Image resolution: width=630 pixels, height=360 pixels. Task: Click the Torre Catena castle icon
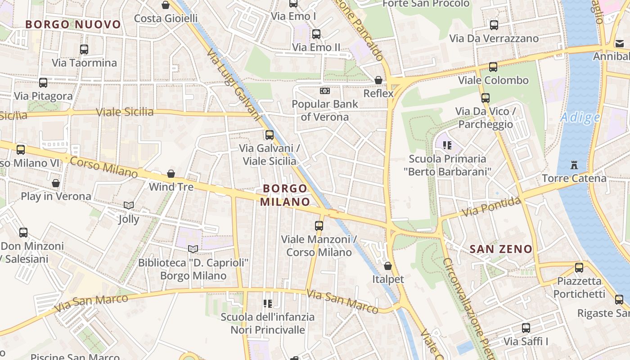(574, 165)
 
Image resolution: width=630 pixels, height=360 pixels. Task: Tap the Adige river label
(580, 118)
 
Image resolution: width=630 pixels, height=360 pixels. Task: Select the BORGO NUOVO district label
(73, 24)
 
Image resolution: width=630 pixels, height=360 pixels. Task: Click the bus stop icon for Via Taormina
(84, 49)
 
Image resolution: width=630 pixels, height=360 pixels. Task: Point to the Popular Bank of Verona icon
(325, 91)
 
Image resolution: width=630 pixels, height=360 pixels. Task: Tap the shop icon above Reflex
(378, 80)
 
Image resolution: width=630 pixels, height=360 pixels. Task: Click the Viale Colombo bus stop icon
(493, 67)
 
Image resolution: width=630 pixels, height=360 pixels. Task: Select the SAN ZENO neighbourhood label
(501, 249)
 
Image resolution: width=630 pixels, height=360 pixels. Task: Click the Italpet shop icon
(388, 266)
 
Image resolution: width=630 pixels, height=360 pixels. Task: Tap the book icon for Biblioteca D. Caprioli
(193, 249)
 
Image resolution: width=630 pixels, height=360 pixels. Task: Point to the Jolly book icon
(129, 206)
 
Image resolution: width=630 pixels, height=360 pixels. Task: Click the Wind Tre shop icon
(171, 174)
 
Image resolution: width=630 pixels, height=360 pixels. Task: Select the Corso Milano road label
(104, 167)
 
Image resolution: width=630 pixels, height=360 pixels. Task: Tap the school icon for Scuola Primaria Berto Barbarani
(447, 145)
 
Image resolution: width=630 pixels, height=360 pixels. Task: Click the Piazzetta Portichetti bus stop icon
(579, 268)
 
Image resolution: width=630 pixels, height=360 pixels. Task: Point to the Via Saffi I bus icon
(526, 328)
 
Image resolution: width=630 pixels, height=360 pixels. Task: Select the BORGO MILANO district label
(285, 195)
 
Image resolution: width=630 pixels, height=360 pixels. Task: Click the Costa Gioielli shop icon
(166, 5)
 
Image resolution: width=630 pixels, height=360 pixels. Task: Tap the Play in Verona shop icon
(56, 183)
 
